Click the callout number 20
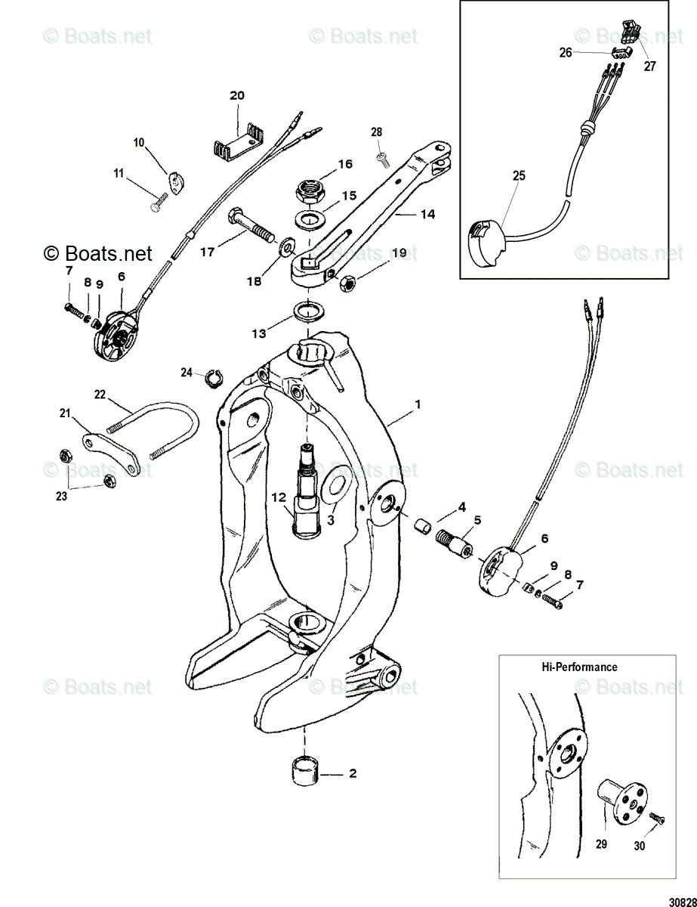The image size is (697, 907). (237, 96)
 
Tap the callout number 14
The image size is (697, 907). (427, 215)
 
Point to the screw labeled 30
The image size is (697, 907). (655, 819)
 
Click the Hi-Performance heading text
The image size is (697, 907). (579, 667)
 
